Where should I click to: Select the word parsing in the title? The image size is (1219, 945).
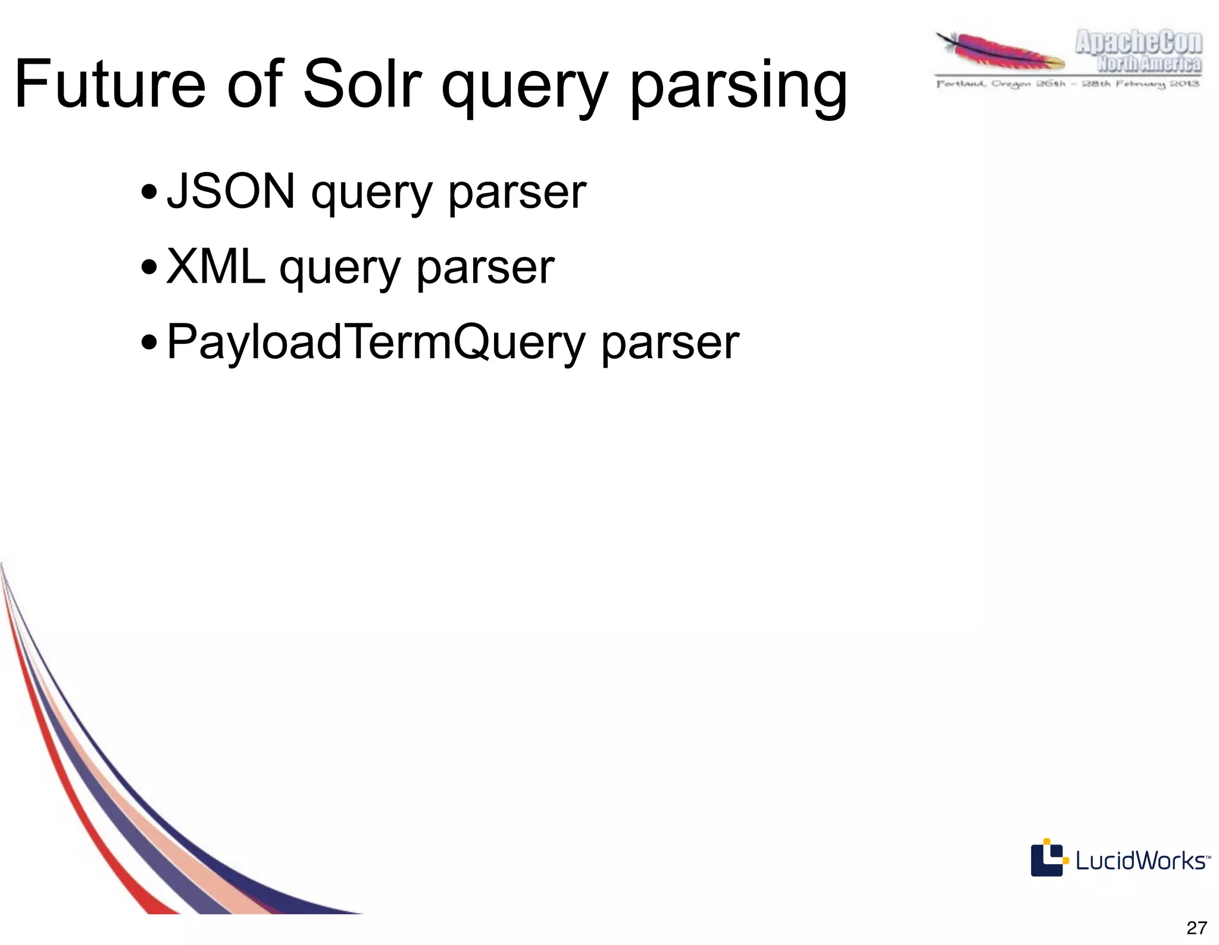click(x=738, y=88)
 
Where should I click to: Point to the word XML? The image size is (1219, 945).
click(x=215, y=267)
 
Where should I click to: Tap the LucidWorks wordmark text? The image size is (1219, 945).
click(x=1140, y=861)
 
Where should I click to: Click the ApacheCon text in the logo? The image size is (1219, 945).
click(x=1138, y=43)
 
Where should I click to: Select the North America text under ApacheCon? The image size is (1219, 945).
click(x=1149, y=64)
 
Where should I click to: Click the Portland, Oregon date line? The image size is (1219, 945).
click(x=1068, y=84)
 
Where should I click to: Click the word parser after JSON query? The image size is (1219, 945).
click(x=517, y=193)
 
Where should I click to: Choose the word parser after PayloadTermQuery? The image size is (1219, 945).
click(x=670, y=344)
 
